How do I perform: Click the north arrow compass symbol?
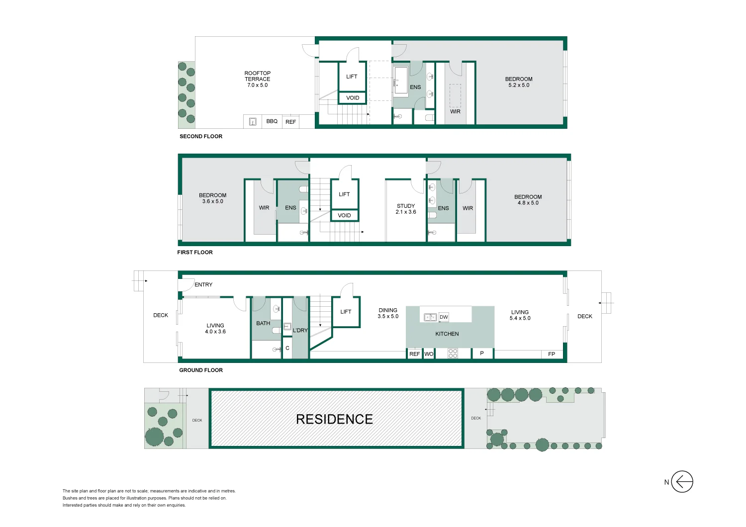click(x=682, y=482)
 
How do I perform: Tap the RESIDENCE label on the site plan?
click(x=334, y=419)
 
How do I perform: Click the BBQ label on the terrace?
click(x=272, y=121)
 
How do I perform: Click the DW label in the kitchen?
click(x=444, y=317)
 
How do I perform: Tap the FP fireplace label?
click(x=552, y=354)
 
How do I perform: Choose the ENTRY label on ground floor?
click(x=203, y=285)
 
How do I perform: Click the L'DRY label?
click(x=300, y=330)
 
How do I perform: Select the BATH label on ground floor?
click(x=263, y=323)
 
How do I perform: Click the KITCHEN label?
click(x=447, y=334)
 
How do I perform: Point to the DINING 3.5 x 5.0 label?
click(x=388, y=313)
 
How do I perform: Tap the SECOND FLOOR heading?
click(x=201, y=136)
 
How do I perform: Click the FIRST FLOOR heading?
click(x=195, y=253)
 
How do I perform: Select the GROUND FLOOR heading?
click(x=201, y=370)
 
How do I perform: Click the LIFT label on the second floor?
click(x=352, y=77)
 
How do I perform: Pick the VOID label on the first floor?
click(x=344, y=215)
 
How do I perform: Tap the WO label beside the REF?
click(x=429, y=354)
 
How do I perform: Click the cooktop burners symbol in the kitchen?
click(x=453, y=353)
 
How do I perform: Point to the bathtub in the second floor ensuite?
click(x=400, y=81)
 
